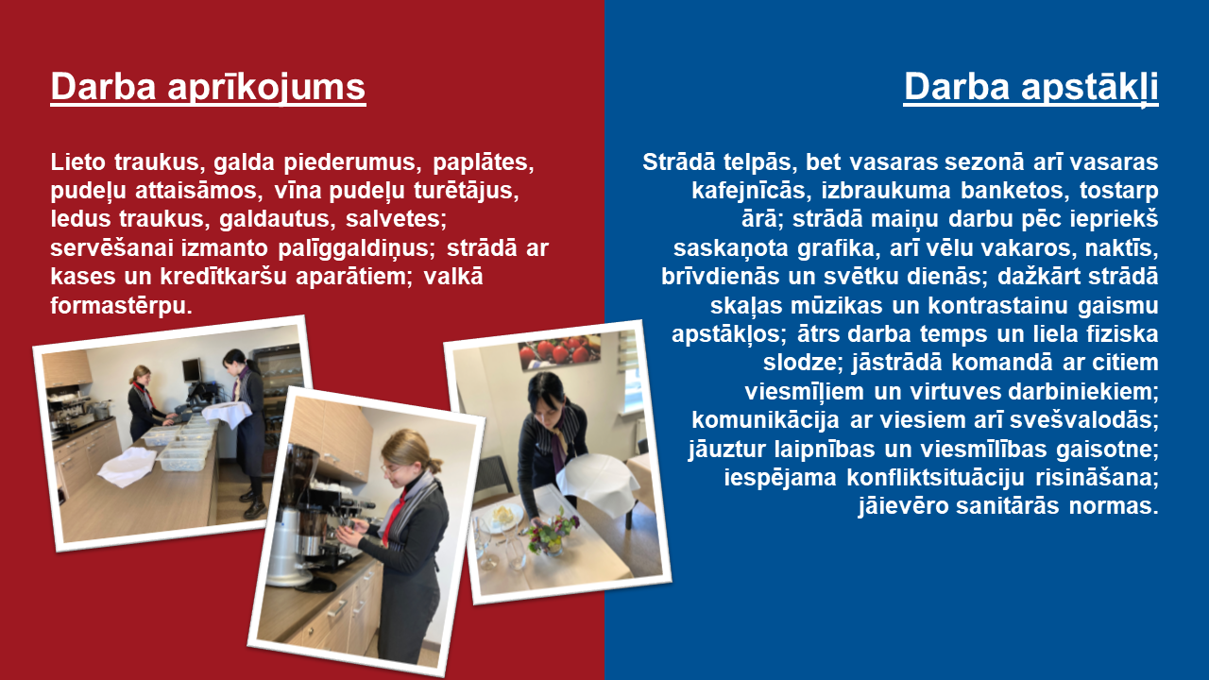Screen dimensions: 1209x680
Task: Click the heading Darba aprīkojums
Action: pyautogui.click(x=209, y=88)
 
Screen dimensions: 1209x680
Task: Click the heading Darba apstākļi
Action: pyautogui.click(x=1030, y=89)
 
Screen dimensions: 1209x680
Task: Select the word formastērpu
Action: pyautogui.click(x=122, y=306)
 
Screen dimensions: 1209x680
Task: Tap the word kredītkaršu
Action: pyautogui.click(x=224, y=277)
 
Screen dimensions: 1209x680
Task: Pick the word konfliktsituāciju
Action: pyautogui.click(x=935, y=478)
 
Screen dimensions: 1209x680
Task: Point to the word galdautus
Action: pyautogui.click(x=278, y=219)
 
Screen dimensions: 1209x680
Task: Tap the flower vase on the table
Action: pyautogui.click(x=552, y=534)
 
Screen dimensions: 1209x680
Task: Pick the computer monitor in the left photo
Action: pyautogui.click(x=192, y=370)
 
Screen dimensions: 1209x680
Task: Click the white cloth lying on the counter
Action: pyautogui.click(x=128, y=467)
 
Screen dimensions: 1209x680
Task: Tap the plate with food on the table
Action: pyautogui.click(x=503, y=517)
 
